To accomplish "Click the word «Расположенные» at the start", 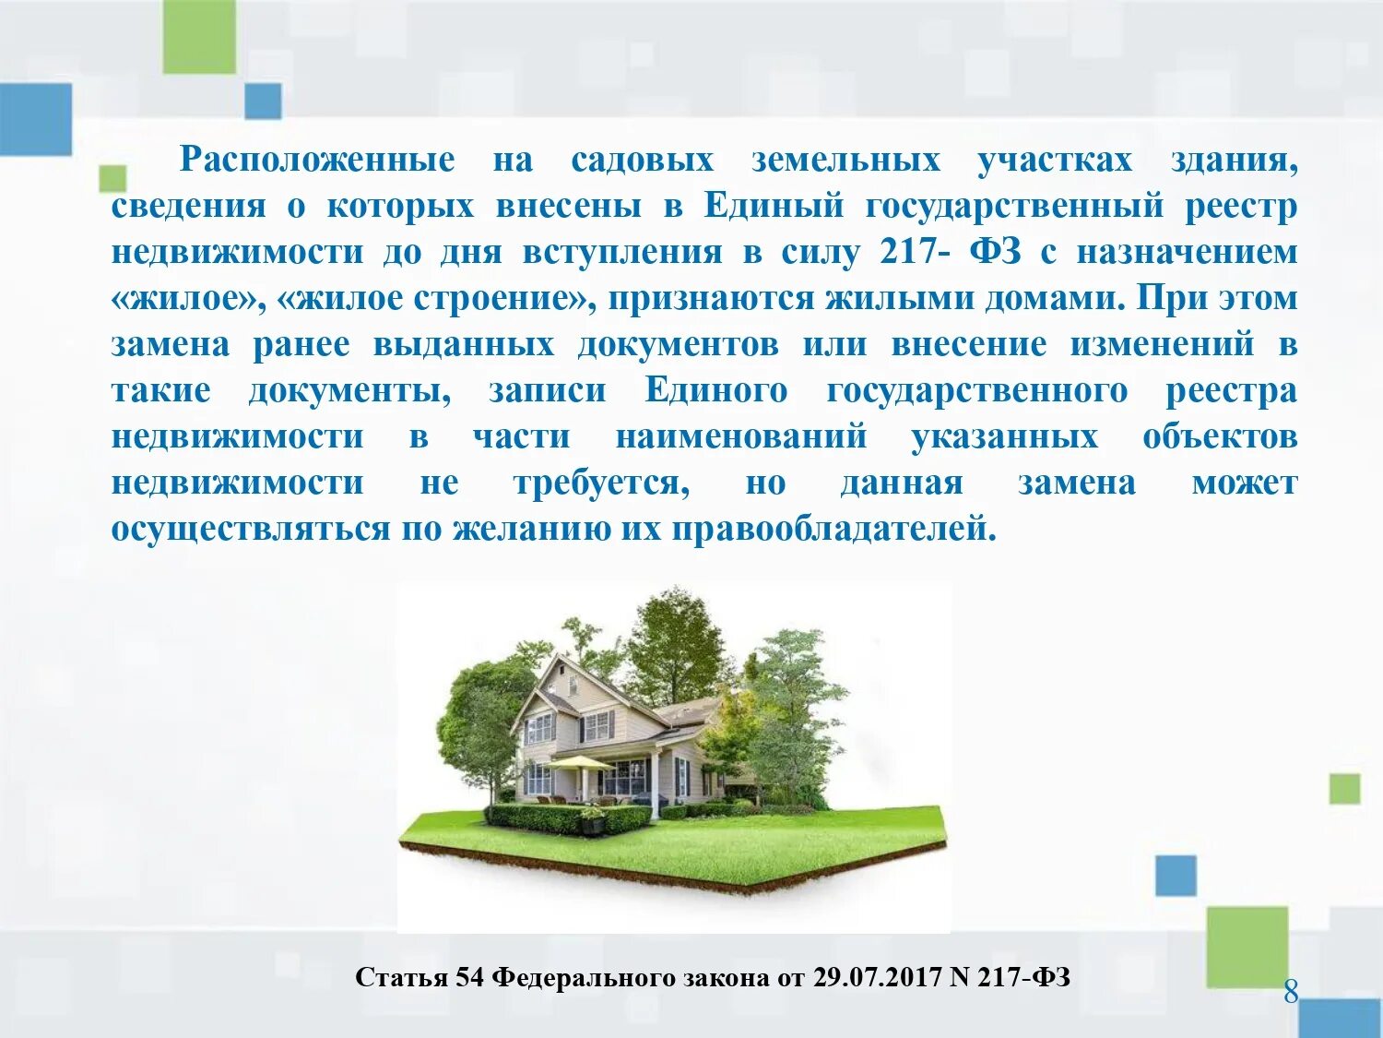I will click(x=317, y=160).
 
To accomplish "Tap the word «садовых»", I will click(x=642, y=160).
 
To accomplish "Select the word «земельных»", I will click(x=845, y=160).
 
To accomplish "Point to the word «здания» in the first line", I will click(x=1234, y=160).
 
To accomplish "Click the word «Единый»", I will click(x=774, y=206).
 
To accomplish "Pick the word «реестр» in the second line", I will click(x=1241, y=206).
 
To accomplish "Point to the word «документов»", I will click(x=678, y=344).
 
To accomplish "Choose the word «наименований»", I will click(x=741, y=436).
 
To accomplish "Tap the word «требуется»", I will click(x=600, y=483).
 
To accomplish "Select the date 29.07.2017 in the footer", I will click(x=877, y=977).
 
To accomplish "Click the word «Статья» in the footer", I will click(x=401, y=977).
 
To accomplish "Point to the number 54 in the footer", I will click(x=469, y=977).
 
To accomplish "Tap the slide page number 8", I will click(x=1291, y=992).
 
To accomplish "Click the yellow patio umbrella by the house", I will click(x=581, y=762).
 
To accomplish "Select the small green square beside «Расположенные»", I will click(x=112, y=178).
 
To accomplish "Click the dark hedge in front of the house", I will click(x=567, y=817).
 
